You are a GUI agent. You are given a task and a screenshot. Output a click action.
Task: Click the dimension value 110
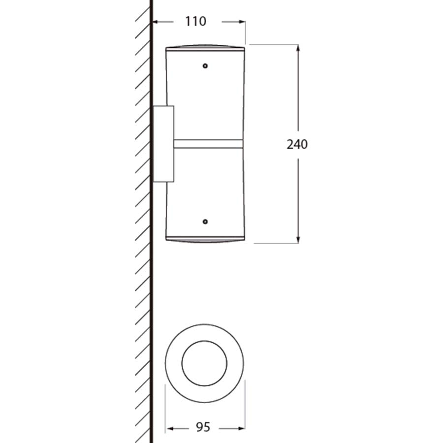[195, 22]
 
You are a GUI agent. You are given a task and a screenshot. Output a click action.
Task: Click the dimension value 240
[297, 144]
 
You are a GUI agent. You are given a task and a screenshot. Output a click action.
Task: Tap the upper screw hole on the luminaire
[205, 65]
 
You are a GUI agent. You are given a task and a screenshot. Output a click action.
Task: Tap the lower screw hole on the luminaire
[205, 222]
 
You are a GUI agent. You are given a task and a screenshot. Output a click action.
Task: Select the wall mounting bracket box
[163, 144]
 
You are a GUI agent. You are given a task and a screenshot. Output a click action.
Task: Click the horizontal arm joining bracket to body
[208, 144]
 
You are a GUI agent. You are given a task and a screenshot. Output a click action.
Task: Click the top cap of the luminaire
[205, 48]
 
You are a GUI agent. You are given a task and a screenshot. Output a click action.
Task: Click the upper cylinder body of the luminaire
[205, 98]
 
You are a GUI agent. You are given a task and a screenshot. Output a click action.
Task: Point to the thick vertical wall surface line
[151, 295]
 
